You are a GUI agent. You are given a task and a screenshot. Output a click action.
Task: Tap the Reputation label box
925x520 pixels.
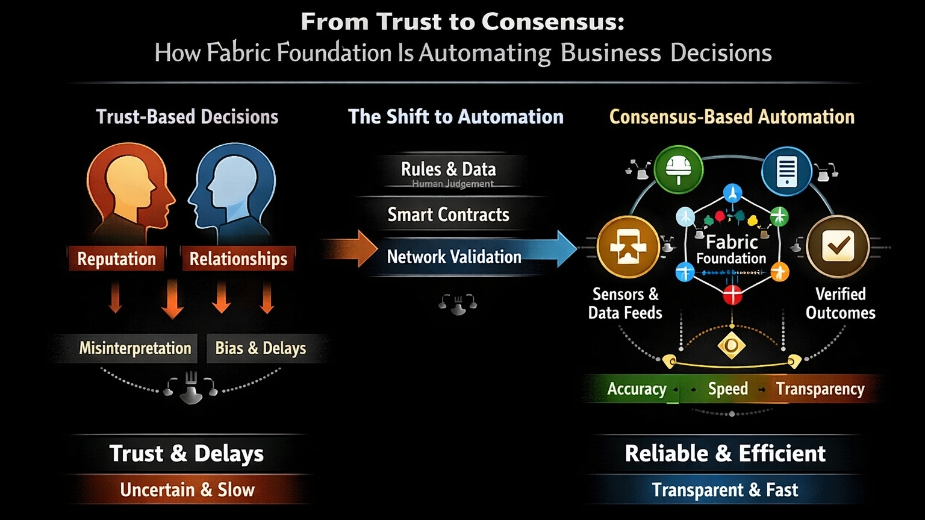click(116, 258)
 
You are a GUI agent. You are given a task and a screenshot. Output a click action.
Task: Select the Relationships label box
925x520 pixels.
click(238, 258)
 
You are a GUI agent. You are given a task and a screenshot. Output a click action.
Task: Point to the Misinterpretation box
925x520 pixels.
click(135, 348)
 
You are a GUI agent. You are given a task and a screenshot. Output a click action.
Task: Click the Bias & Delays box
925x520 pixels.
click(260, 348)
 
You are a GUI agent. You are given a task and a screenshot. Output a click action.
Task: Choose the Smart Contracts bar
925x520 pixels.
click(448, 215)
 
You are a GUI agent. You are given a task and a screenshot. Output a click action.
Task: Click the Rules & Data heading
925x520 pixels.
click(448, 169)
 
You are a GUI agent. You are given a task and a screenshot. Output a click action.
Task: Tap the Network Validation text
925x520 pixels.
click(454, 257)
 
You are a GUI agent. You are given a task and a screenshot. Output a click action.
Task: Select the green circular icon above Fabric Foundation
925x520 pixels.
click(679, 169)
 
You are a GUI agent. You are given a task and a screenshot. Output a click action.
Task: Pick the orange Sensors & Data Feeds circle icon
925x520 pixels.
click(628, 247)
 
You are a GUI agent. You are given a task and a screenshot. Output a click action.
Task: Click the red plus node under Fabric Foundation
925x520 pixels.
click(732, 295)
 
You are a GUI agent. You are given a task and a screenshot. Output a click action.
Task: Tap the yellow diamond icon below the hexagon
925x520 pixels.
click(732, 345)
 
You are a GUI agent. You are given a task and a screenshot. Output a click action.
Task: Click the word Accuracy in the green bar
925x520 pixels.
click(637, 389)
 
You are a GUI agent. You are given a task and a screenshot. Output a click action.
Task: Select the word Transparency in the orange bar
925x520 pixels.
click(820, 389)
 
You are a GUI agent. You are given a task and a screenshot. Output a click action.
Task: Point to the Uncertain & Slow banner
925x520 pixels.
click(187, 490)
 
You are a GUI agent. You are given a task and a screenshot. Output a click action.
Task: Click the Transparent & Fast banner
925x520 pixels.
click(724, 490)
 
